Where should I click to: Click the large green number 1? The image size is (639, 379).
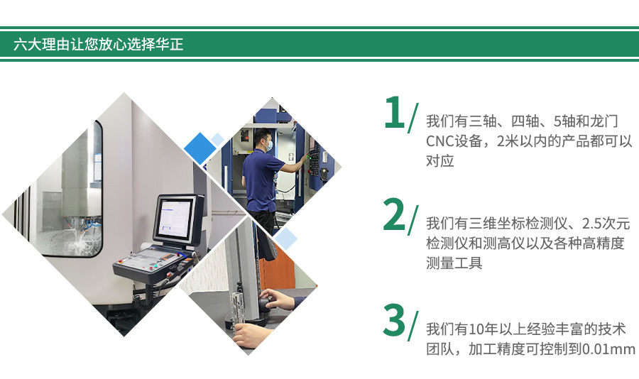click(x=394, y=112)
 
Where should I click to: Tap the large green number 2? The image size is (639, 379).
click(x=394, y=214)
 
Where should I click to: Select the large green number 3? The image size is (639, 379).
click(x=394, y=320)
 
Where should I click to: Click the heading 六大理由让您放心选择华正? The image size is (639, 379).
click(x=98, y=44)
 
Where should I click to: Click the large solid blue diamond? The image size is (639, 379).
click(x=200, y=148)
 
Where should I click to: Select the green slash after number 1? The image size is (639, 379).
click(x=413, y=119)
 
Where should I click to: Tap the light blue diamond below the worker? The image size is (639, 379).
click(x=285, y=238)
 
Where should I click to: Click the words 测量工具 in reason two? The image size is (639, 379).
click(x=454, y=263)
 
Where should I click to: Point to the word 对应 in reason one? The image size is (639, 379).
click(x=440, y=161)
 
